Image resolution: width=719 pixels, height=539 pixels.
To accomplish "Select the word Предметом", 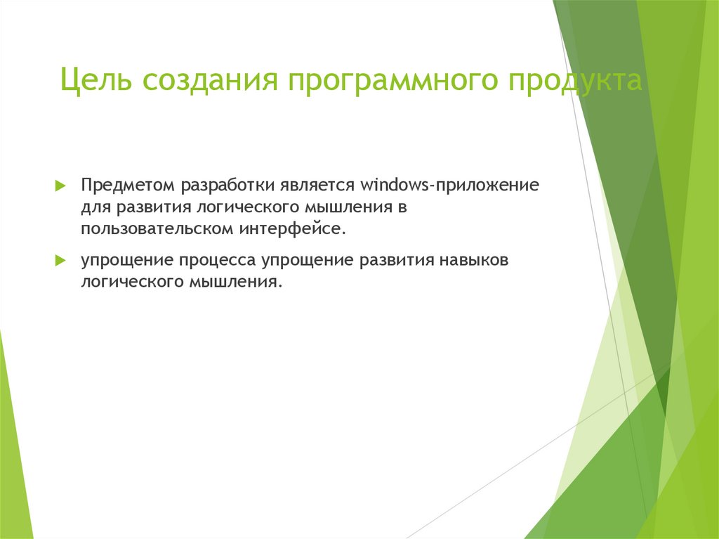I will click(128, 187).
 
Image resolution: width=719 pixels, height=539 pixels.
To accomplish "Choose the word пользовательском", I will click(157, 230).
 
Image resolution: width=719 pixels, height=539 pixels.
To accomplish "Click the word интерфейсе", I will click(294, 230).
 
